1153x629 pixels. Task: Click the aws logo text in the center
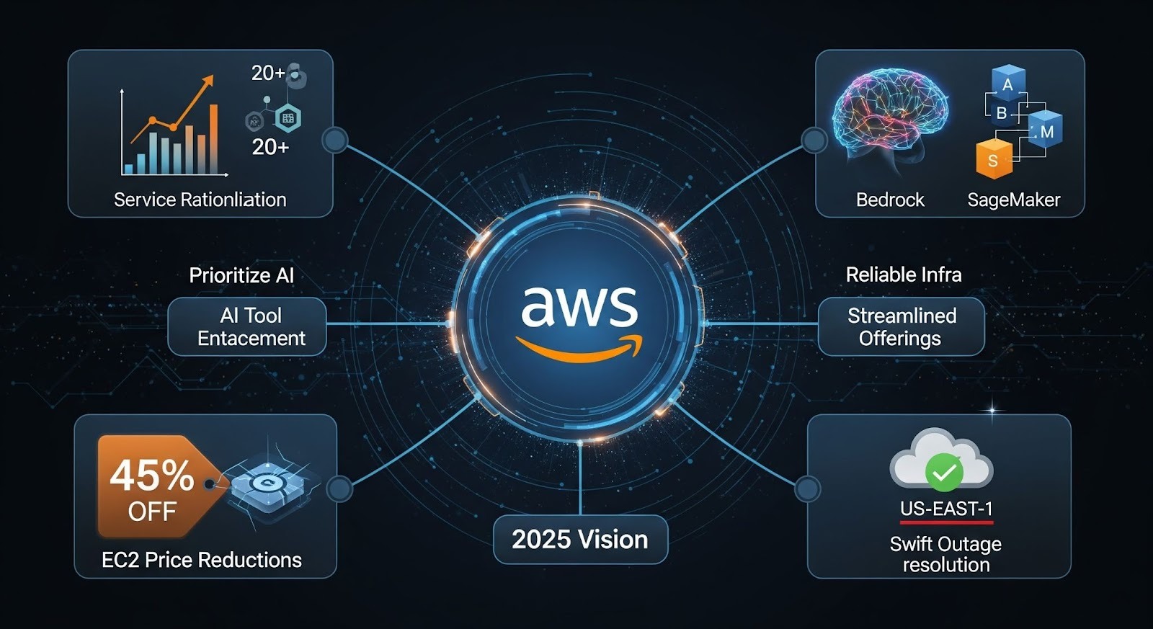click(x=579, y=305)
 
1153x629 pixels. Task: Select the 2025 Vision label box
click(x=580, y=540)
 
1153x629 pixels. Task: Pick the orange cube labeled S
click(x=993, y=159)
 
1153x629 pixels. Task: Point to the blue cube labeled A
click(x=1007, y=84)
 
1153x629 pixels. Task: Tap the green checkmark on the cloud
click(x=943, y=473)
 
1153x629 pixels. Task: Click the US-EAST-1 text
click(x=946, y=509)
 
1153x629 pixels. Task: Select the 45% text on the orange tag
click(x=151, y=476)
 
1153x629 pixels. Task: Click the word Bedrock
click(x=890, y=200)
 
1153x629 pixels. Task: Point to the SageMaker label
click(x=1013, y=200)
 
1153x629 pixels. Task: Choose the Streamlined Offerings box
click(x=902, y=326)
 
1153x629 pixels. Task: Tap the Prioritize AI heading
click(x=241, y=275)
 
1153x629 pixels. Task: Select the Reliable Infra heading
click(x=904, y=275)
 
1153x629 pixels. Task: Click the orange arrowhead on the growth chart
click(x=208, y=80)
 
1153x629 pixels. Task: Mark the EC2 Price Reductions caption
click(x=202, y=560)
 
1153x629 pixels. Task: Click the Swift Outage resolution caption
click(x=945, y=554)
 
